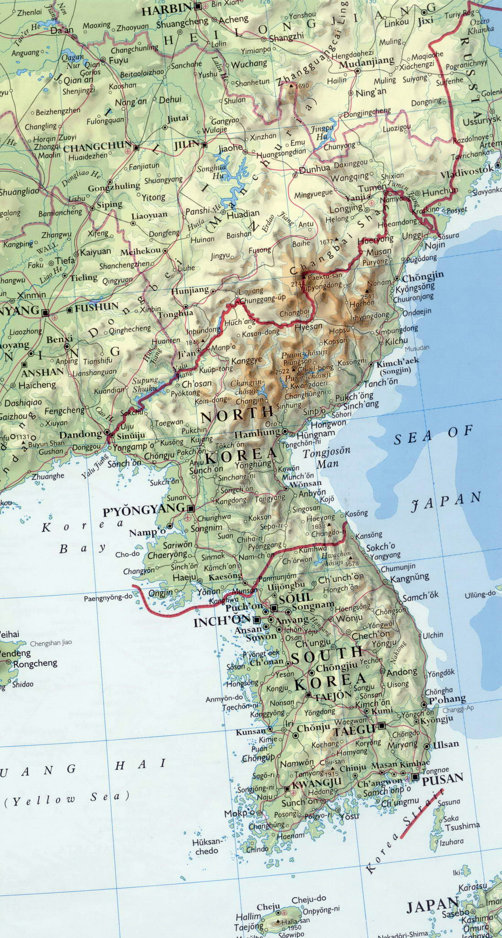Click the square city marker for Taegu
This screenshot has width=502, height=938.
pyautogui.click(x=382, y=725)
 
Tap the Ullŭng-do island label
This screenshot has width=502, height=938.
pyautogui.click(x=480, y=594)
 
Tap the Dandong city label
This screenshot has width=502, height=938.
pyautogui.click(x=80, y=434)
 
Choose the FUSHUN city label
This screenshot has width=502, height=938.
pyautogui.click(x=96, y=307)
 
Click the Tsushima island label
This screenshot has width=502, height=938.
pyautogui.click(x=462, y=825)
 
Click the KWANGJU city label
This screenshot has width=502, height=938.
pyautogui.click(x=316, y=783)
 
